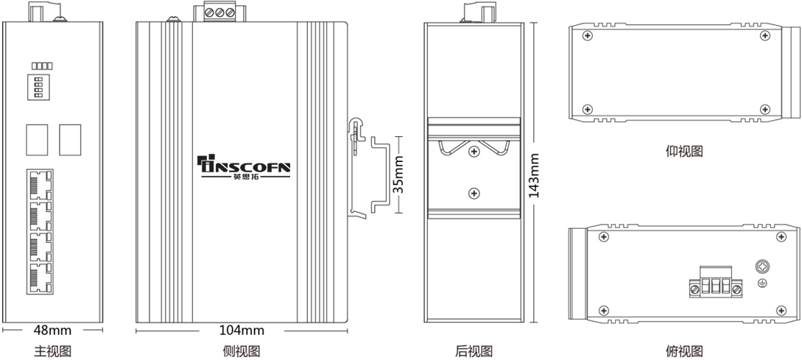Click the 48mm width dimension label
click(53, 331)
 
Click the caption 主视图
click(53, 351)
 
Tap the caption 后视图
click(474, 351)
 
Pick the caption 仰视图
click(684, 152)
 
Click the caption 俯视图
click(684, 351)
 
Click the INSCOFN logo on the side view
click(244, 166)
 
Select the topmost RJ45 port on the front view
click(41, 186)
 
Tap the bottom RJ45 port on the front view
click(41, 279)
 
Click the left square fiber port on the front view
click(38, 140)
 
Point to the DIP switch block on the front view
click(37, 86)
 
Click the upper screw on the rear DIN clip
click(475, 152)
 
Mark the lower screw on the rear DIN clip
click(475, 194)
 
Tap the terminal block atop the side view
click(220, 13)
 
